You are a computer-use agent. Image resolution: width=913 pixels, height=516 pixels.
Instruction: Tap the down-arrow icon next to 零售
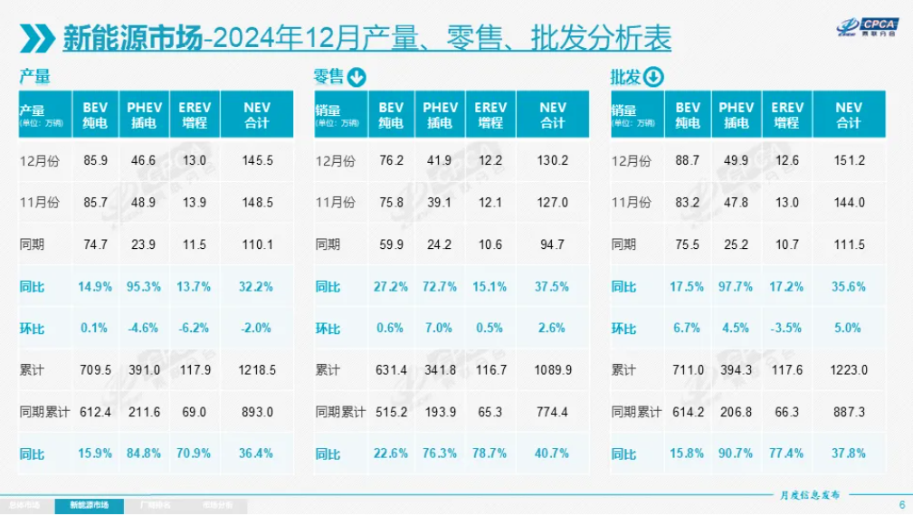(x=357, y=77)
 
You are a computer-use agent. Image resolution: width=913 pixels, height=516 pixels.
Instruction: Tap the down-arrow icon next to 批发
(x=653, y=77)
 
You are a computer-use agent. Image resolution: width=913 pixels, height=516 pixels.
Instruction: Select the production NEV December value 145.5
(x=258, y=160)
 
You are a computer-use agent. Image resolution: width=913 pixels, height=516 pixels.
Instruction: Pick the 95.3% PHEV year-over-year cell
(x=144, y=287)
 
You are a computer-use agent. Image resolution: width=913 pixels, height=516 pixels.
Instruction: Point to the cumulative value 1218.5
(x=258, y=370)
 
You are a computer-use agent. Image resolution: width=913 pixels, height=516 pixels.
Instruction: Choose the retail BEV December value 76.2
(x=392, y=160)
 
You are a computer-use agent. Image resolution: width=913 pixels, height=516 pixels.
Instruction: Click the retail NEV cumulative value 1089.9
(x=553, y=370)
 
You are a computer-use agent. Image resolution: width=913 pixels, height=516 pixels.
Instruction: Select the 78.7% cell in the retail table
(x=490, y=454)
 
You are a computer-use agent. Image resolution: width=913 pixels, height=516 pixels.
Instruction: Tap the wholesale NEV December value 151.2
(x=849, y=160)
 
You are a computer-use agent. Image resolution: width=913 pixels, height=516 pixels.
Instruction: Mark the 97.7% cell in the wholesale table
(x=737, y=287)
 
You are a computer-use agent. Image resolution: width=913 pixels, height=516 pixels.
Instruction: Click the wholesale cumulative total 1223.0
(x=849, y=370)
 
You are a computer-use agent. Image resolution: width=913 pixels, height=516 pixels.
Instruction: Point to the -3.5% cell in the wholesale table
(x=786, y=329)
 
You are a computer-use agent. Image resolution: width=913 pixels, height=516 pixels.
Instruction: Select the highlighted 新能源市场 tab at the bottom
(x=89, y=505)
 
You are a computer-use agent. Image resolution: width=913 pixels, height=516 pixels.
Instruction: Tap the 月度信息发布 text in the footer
(x=810, y=495)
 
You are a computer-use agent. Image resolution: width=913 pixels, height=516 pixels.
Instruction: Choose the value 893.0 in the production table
(x=258, y=412)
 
